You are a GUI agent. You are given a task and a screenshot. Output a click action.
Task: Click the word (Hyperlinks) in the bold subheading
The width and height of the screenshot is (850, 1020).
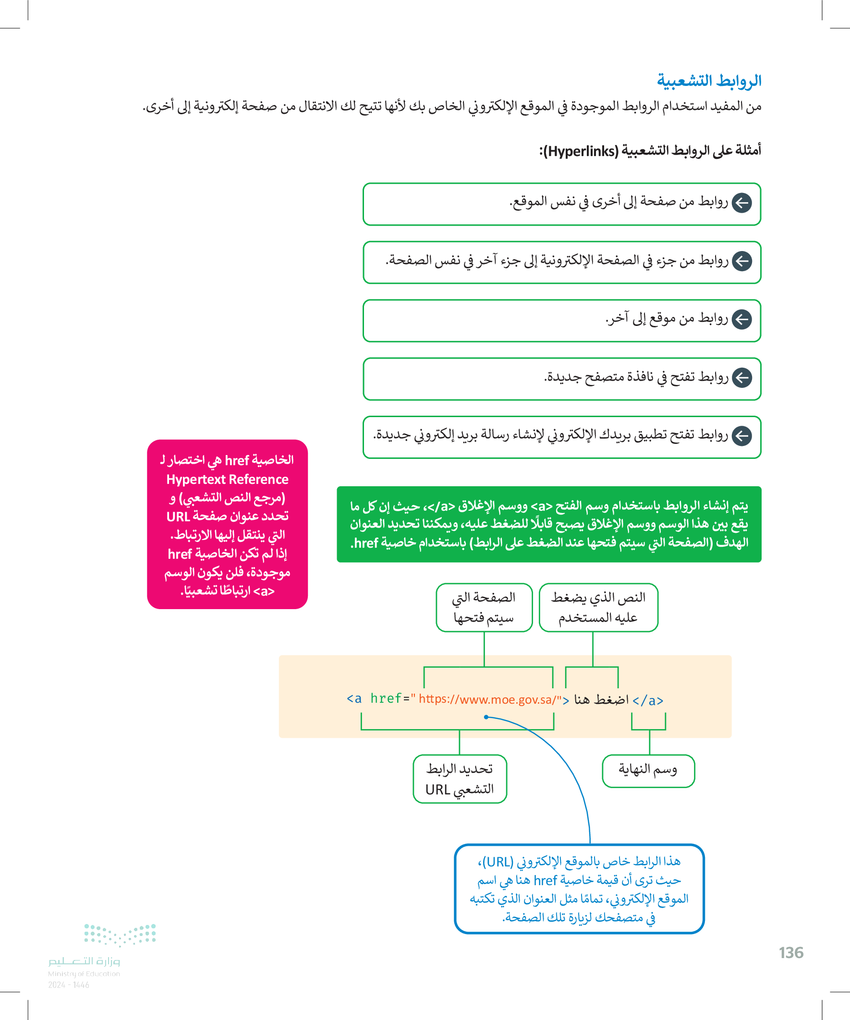(x=581, y=152)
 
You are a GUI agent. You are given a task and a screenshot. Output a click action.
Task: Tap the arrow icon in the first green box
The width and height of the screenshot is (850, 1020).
(x=741, y=203)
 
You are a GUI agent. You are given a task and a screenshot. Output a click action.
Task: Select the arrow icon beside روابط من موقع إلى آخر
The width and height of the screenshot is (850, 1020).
(x=741, y=320)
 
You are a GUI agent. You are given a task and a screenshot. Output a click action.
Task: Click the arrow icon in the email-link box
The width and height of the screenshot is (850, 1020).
(x=741, y=436)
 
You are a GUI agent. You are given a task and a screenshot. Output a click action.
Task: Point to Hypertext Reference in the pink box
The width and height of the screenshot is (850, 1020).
(x=227, y=480)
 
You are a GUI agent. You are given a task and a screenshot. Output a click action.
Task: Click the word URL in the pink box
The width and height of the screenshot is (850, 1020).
(x=178, y=517)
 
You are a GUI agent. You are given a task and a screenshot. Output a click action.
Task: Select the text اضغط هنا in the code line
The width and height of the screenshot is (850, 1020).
(x=601, y=699)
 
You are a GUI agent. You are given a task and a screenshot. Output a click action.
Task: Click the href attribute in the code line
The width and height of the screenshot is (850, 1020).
(x=386, y=698)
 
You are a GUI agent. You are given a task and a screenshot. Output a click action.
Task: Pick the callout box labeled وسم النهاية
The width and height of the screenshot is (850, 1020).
(x=648, y=770)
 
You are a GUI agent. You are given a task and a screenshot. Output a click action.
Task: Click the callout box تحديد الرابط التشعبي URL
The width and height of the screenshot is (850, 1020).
(x=460, y=779)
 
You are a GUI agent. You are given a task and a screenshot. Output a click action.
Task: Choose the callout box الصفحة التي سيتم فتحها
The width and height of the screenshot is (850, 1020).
(x=484, y=607)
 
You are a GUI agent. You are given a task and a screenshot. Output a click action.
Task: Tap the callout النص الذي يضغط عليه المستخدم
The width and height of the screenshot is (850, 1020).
(x=598, y=607)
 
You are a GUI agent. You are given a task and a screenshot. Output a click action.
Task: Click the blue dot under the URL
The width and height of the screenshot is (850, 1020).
(x=486, y=717)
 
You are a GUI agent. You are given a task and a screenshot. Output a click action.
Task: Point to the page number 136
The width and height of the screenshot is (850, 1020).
(x=791, y=953)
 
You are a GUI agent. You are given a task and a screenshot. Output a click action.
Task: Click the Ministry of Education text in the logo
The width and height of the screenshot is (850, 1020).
(x=84, y=974)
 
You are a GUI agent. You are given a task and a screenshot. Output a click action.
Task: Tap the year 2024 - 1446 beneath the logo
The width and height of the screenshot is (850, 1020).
(x=69, y=985)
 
